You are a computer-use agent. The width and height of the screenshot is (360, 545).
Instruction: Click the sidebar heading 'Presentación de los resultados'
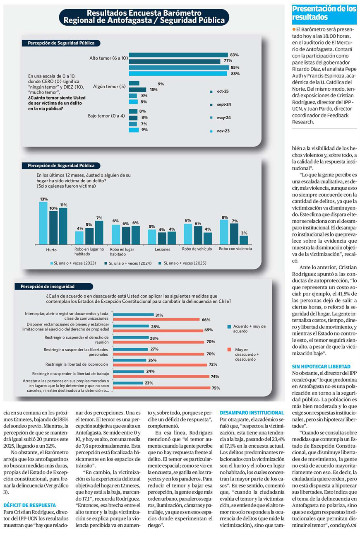click(x=324, y=13)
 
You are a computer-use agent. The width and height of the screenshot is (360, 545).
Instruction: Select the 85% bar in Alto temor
click(x=178, y=68)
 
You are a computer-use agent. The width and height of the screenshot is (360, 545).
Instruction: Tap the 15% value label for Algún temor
click(x=154, y=89)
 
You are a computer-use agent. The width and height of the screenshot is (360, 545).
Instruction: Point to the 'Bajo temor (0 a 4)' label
click(x=106, y=116)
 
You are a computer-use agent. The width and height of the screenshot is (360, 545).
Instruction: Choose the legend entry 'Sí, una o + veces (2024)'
click(x=127, y=263)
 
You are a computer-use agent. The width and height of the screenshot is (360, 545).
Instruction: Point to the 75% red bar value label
click(x=216, y=388)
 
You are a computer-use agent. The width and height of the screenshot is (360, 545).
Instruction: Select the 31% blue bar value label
click(x=159, y=315)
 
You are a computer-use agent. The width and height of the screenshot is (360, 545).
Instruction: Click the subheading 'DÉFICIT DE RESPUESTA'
click(x=30, y=505)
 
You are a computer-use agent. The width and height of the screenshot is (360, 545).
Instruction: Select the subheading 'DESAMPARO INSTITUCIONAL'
click(x=252, y=413)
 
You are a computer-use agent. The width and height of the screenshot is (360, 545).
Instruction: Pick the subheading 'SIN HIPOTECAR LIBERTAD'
click(x=322, y=367)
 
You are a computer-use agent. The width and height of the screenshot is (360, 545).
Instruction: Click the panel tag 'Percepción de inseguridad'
click(x=48, y=286)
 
